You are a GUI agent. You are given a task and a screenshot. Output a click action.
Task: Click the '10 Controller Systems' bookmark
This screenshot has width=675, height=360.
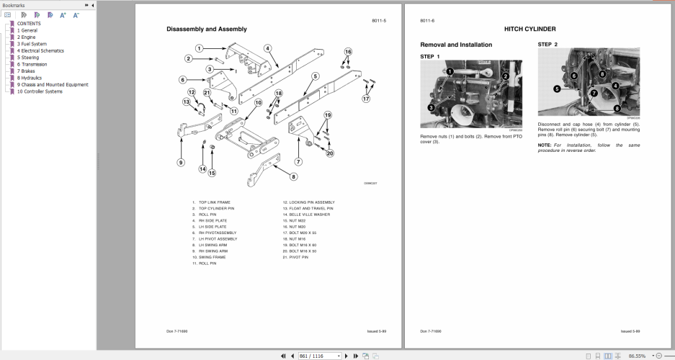[x=40, y=91]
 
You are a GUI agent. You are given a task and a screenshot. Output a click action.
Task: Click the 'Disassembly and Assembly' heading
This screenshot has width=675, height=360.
[x=206, y=30]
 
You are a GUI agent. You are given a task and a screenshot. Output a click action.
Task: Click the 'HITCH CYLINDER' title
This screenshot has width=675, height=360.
[x=529, y=29]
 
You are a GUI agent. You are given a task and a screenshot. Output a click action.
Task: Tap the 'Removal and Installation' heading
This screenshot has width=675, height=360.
[x=456, y=45]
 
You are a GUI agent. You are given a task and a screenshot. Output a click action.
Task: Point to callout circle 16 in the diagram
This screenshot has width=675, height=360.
[x=348, y=52]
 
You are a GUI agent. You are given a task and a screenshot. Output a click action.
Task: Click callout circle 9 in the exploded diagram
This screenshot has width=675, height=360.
[x=181, y=162]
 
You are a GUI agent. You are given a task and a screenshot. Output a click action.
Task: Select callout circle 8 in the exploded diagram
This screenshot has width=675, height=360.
[x=294, y=176]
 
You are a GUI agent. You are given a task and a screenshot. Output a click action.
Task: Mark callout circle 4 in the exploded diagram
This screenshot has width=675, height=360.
[x=267, y=49]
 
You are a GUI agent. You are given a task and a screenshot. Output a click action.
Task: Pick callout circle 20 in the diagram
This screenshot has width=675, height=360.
[x=331, y=153]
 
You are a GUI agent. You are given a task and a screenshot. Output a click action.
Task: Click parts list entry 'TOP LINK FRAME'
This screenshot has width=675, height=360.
[x=214, y=202]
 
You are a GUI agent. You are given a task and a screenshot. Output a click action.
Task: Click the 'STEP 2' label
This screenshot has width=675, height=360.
[x=547, y=45]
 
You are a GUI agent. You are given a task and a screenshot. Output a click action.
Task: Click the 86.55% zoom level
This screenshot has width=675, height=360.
[x=636, y=356]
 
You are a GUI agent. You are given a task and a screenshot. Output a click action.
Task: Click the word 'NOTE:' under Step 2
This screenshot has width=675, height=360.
[x=545, y=145]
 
